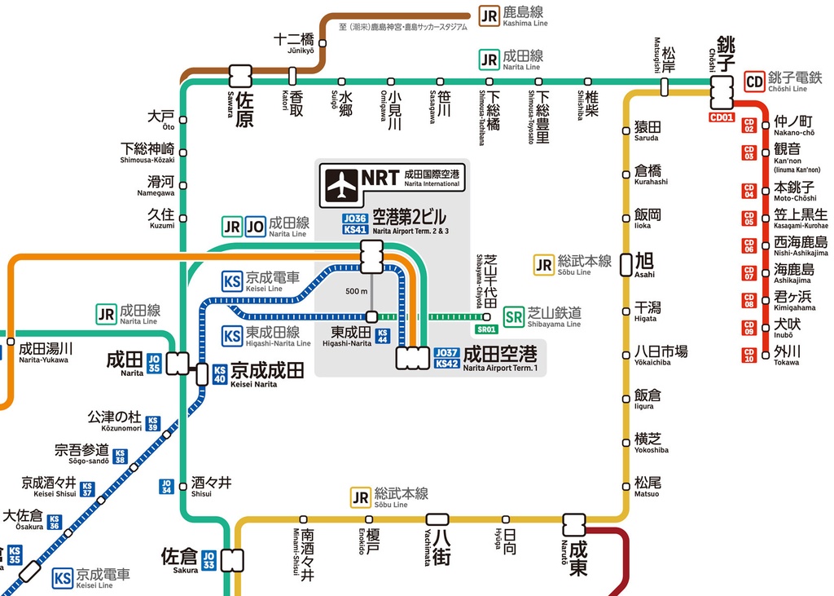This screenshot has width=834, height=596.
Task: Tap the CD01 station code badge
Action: pos(722,117)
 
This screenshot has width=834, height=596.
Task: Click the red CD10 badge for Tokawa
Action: pos(748,355)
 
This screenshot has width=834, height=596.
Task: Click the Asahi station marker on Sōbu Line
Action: pos(625,263)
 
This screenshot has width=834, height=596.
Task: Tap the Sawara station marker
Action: pos(240,77)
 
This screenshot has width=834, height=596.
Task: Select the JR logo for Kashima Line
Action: pos(489,15)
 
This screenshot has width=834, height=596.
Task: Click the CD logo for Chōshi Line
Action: pos(754,82)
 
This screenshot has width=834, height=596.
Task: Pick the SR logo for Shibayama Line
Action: pos(513,316)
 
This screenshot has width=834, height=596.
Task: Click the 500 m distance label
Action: pos(357,291)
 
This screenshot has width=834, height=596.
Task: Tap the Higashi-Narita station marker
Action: pos(371,316)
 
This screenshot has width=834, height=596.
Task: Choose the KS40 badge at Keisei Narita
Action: pos(219,374)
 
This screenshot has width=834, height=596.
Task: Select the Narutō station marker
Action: pos(574,524)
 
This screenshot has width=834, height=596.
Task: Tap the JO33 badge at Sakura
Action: pos(208,560)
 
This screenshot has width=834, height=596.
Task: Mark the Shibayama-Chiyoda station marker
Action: pos(487,316)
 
